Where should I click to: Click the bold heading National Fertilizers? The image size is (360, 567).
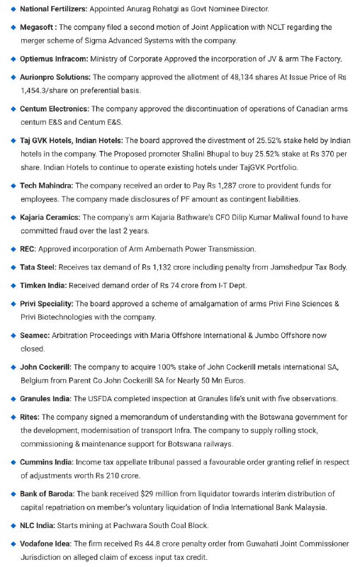pos(54,9)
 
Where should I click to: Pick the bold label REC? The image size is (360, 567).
pos(28,249)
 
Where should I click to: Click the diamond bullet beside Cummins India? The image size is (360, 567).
pos(13,462)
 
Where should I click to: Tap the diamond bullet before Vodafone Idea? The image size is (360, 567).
pos(13,544)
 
